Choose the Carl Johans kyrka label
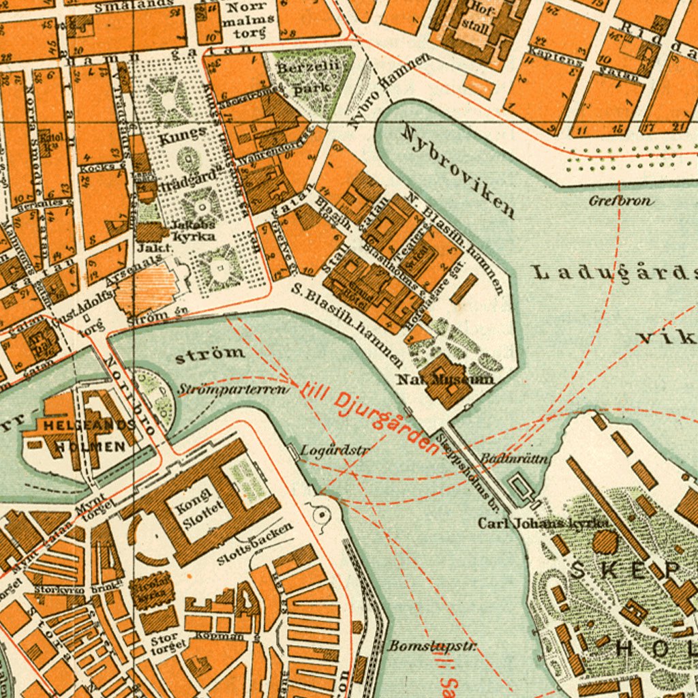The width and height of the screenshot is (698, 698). coord(544,523)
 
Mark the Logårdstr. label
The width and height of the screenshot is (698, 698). coord(335,450)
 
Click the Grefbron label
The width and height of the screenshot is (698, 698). coord(621,201)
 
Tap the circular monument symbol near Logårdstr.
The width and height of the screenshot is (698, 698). coord(320,515)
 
